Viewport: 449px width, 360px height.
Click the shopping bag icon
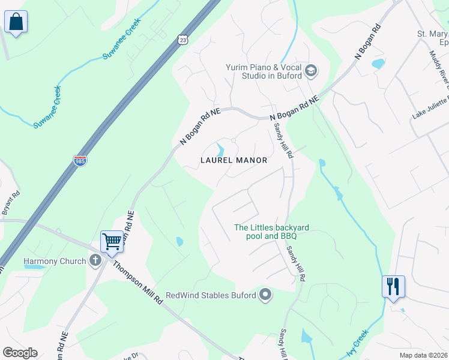click(16, 23)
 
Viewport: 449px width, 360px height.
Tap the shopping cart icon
click(112, 242)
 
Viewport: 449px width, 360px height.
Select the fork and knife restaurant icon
click(393, 286)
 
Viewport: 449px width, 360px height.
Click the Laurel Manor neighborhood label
click(234, 161)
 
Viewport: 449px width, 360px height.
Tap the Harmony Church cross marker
click(95, 261)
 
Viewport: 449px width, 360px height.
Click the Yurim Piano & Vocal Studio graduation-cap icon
click(310, 71)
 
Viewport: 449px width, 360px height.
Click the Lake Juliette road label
click(431, 108)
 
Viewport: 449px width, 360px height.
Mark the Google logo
click(20, 353)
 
